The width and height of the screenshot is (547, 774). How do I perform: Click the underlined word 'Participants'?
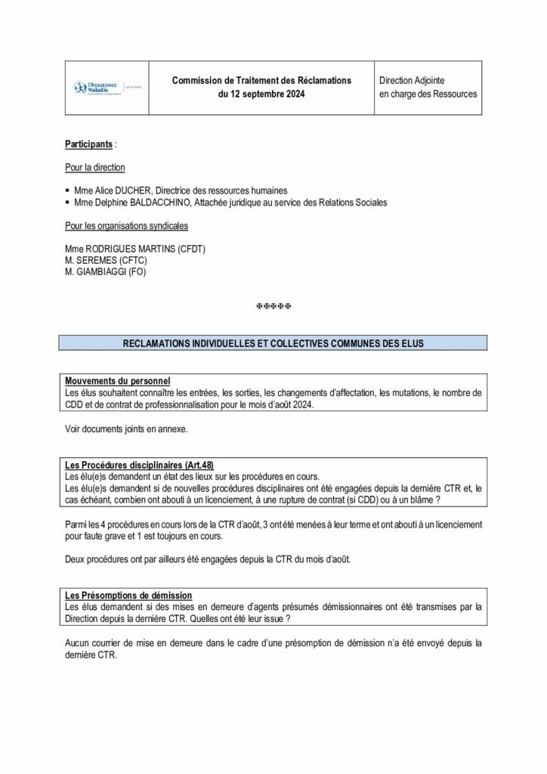[89, 143]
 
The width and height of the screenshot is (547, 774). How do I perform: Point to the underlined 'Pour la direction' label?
[95, 167]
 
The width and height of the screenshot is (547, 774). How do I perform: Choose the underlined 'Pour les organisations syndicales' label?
[127, 226]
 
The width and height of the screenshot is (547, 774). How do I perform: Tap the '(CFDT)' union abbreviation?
[191, 249]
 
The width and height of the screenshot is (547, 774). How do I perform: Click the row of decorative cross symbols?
[273, 306]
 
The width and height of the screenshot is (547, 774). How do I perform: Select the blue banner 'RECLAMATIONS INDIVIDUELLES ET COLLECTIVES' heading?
[273, 343]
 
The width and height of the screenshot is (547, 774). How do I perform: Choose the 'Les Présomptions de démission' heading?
[128, 595]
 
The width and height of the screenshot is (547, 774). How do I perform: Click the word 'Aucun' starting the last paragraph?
[79, 644]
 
